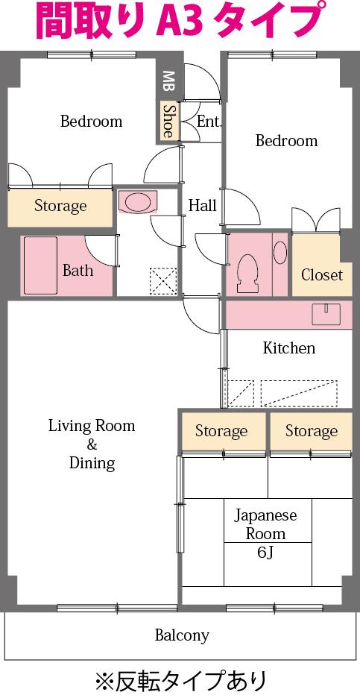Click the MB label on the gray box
tap(168, 82)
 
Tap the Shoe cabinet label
tap(168, 120)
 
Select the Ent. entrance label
tap(209, 122)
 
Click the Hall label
tap(203, 205)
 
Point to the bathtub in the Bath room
tap(40, 265)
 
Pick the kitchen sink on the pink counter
tap(326, 314)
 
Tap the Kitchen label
tap(288, 348)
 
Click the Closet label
tap(322, 274)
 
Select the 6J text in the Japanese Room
tap(265, 553)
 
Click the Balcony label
tap(182, 635)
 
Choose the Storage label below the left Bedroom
tap(60, 206)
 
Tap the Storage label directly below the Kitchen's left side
tap(221, 431)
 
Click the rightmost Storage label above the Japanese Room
tap(311, 431)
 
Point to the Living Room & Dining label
tap(92, 444)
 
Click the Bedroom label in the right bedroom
tap(286, 141)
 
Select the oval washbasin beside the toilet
tap(280, 252)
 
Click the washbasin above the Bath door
tap(136, 202)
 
